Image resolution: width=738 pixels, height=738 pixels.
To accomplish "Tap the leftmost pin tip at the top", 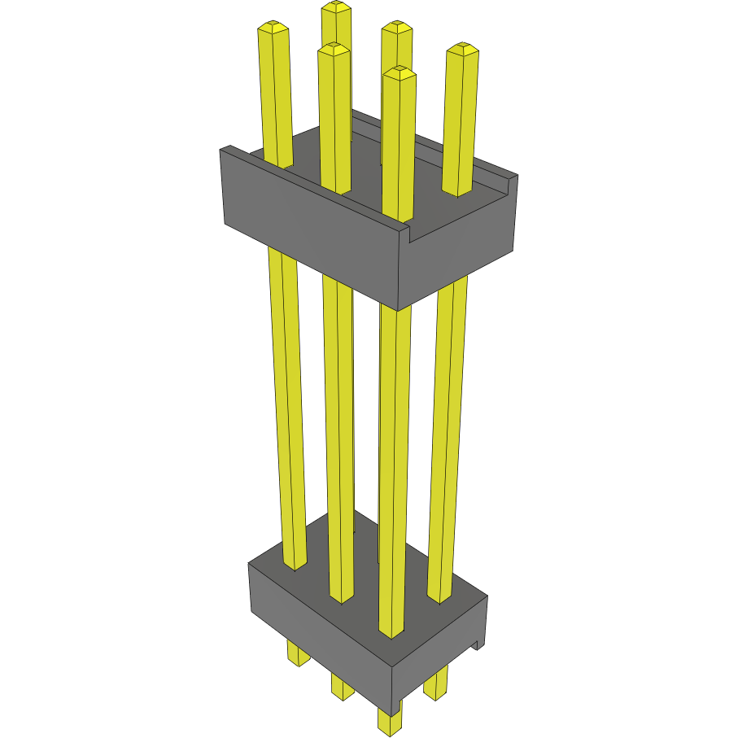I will click(x=273, y=28).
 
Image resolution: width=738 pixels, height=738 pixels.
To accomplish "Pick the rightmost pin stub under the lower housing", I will click(x=437, y=683).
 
